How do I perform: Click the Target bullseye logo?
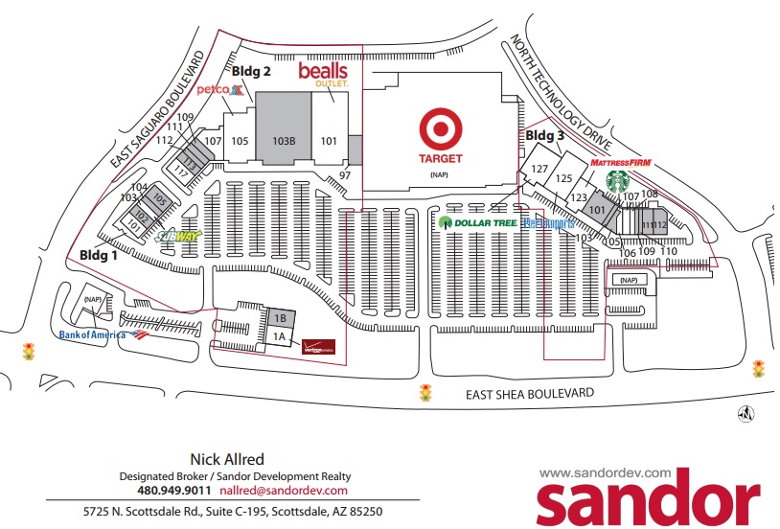click(440, 128)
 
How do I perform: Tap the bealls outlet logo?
click(322, 73)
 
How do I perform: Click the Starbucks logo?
click(615, 180)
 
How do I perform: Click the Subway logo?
click(178, 236)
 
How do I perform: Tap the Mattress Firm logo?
click(620, 163)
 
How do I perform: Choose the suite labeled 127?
click(539, 170)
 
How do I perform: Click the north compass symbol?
click(743, 414)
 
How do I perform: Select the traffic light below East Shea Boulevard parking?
click(424, 392)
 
